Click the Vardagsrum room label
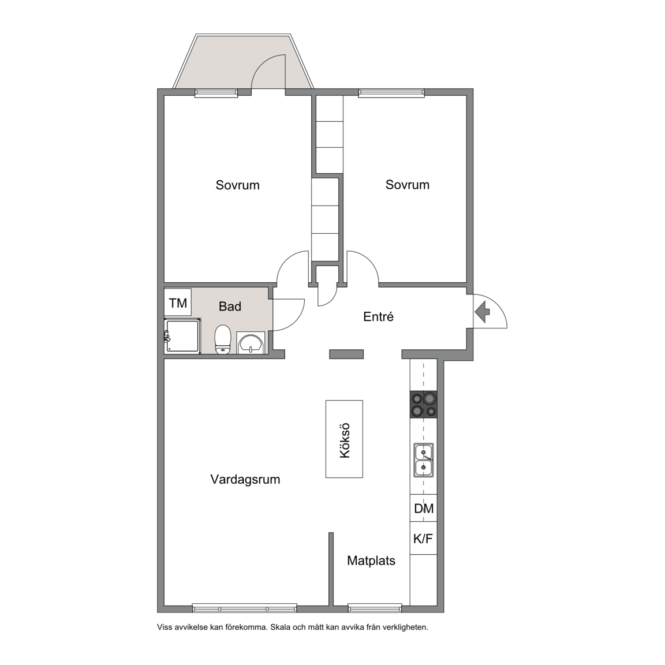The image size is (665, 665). (x=245, y=480)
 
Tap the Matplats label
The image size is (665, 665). (x=371, y=561)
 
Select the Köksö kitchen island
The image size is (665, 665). (x=344, y=439)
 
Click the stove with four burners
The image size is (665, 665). (x=423, y=404)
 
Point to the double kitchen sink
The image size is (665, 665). (x=424, y=460)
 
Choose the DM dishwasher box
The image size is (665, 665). (x=424, y=508)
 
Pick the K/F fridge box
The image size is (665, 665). (x=424, y=538)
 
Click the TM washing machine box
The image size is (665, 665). (x=178, y=303)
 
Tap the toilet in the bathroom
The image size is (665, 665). (x=222, y=339)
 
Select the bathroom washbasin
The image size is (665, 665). (x=251, y=343)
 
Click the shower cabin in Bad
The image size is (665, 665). (x=182, y=335)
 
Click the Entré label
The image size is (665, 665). (x=378, y=317)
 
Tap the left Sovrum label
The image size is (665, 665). (x=237, y=185)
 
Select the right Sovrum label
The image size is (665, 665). (x=407, y=185)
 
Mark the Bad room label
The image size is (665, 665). (x=230, y=306)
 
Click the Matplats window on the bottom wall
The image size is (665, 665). (x=375, y=608)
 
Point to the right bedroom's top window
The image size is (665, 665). (x=391, y=93)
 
